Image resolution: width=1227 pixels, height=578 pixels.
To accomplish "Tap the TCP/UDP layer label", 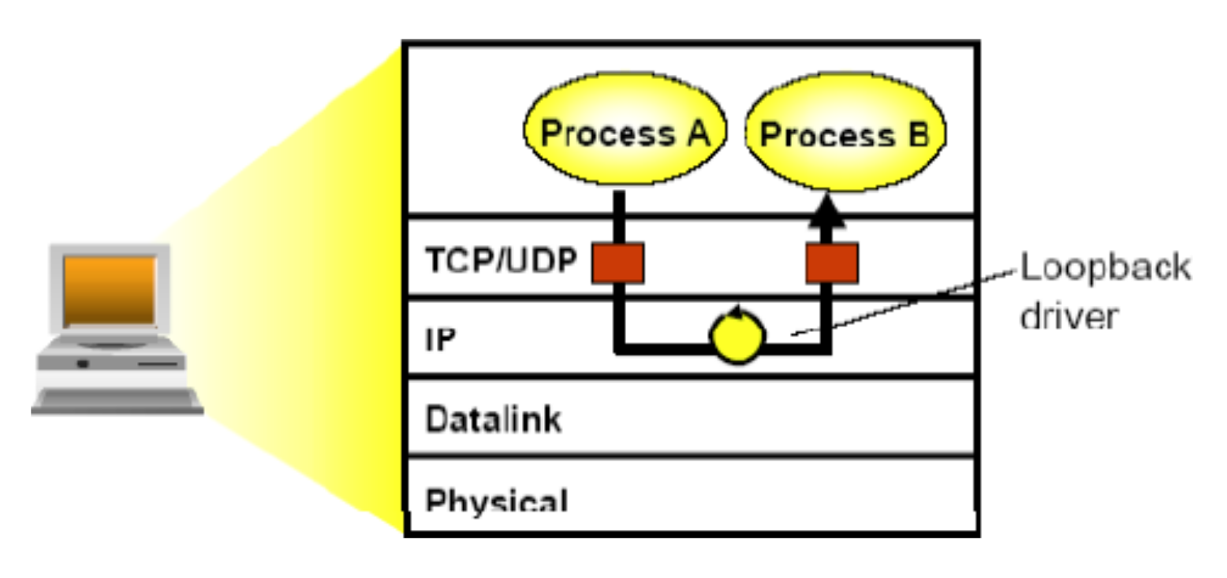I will (501, 259).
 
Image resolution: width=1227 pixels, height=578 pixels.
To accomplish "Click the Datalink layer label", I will (494, 419).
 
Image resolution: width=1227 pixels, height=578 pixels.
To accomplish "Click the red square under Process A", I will (618, 263).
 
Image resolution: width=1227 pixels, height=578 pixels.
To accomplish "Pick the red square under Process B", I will (831, 263).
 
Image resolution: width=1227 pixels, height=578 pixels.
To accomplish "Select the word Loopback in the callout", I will (1105, 268).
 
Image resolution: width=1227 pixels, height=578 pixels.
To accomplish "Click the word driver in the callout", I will (1068, 316).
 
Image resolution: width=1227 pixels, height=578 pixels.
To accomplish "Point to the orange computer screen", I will (110, 289).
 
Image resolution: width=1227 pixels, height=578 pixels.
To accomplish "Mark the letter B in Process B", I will (915, 135).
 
